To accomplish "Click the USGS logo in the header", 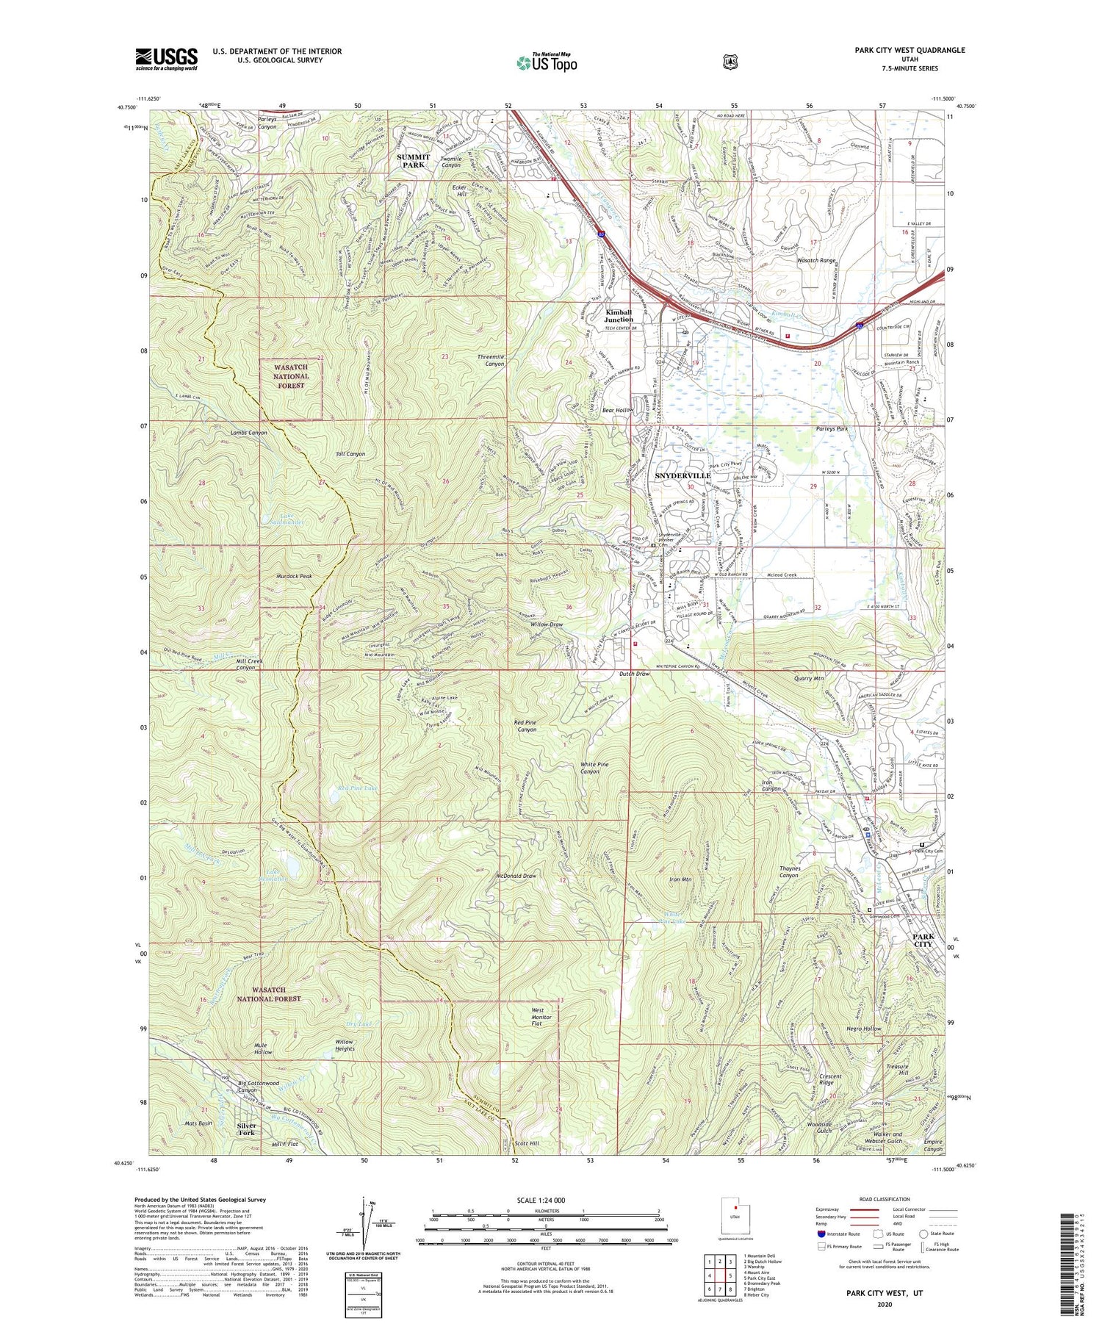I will [166, 59].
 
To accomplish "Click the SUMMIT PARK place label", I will [411, 161].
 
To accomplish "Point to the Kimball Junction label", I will [619, 315].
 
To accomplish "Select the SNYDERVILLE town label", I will [683, 476].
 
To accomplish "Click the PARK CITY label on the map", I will [923, 940].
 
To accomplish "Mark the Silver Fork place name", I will [246, 1128].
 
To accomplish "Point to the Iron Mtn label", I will [680, 879].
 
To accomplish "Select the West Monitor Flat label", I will [547, 1018].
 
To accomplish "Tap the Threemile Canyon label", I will [491, 360].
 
